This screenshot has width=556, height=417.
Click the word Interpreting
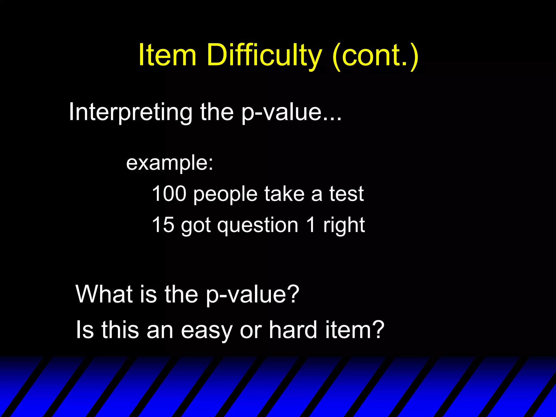click(130, 112)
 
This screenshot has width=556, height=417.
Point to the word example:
click(170, 163)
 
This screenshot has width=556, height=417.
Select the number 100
click(169, 194)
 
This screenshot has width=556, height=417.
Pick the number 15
click(163, 225)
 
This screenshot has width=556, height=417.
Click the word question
click(258, 226)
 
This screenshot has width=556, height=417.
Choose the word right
click(344, 226)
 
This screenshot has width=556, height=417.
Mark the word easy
click(207, 331)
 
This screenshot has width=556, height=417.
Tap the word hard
click(293, 330)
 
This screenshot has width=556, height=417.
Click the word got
click(196, 226)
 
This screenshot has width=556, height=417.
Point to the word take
click(284, 194)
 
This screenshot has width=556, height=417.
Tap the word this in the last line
click(120, 330)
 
